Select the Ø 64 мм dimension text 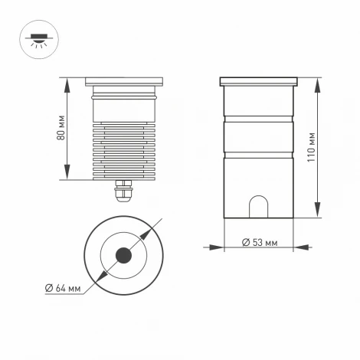[x=64, y=288]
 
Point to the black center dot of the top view [x=123, y=256]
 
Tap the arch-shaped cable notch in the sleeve [x=258, y=207]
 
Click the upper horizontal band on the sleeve [x=258, y=119]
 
